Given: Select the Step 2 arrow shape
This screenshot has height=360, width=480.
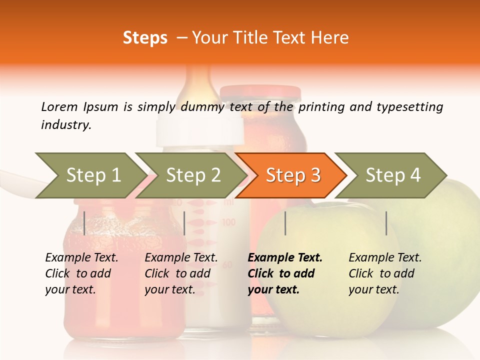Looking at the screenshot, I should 193,175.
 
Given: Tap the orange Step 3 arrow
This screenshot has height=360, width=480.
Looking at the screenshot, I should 293,175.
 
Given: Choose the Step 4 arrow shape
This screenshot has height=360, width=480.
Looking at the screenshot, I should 393,175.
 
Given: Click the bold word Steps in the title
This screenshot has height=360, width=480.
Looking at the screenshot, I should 145,38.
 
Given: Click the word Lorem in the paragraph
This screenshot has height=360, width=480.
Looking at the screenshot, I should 59,106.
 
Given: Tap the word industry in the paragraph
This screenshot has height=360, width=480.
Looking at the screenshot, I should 66,124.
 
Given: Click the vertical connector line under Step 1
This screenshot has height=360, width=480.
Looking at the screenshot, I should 84,223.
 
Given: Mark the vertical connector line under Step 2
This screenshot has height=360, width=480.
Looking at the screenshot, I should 184,223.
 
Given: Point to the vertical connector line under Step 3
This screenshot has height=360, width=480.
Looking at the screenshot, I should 285,223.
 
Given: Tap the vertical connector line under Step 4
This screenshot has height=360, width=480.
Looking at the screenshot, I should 386,223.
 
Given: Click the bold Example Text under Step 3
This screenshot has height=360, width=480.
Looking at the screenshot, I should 285,257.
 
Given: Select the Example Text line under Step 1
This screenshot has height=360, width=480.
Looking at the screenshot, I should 81,257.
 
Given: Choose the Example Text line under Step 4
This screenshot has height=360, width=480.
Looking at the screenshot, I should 385,257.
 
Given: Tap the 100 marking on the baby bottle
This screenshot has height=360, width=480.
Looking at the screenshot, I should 229,221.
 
